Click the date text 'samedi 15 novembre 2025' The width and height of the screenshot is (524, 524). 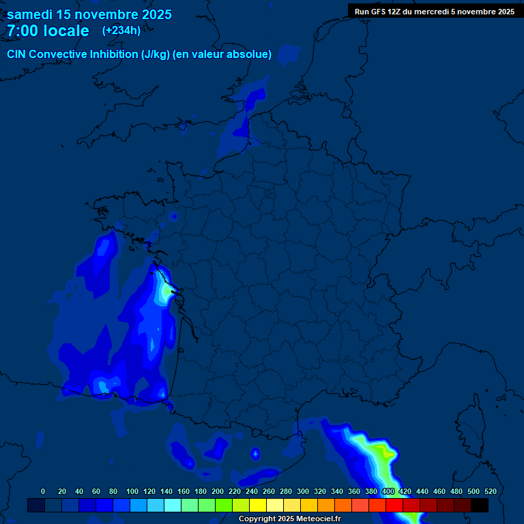click(x=89, y=14)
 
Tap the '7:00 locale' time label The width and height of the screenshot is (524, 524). click(x=48, y=31)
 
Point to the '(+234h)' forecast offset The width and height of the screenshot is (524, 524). click(x=121, y=31)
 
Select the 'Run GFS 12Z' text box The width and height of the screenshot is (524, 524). click(x=435, y=12)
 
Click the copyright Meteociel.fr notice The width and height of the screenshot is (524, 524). click(x=289, y=519)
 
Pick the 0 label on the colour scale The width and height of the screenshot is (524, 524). click(x=43, y=491)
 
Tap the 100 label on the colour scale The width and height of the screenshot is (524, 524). click(x=132, y=491)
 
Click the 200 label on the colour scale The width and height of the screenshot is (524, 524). click(x=218, y=491)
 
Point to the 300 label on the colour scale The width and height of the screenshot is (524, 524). click(x=303, y=491)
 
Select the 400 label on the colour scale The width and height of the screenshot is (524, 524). click(x=388, y=491)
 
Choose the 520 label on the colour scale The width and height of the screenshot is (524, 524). click(x=490, y=491)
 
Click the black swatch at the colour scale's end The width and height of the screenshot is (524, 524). click(x=480, y=506)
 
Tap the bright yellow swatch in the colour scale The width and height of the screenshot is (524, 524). click(x=257, y=506)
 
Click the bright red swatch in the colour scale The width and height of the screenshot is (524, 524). click(x=394, y=506)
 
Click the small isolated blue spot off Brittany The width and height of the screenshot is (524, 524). click(x=173, y=216)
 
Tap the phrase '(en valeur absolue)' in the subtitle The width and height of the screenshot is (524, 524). click(x=222, y=55)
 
